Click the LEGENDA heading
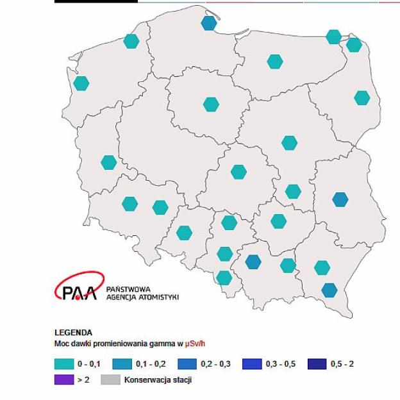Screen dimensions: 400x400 point(74,333)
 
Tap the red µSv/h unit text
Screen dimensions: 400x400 point(196,344)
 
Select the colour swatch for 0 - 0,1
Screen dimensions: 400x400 point(63,364)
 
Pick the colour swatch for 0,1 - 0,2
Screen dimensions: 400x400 point(122,364)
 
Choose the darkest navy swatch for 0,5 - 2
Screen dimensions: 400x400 point(317,364)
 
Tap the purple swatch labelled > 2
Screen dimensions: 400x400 point(63,379)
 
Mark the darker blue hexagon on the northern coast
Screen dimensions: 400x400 point(209,23)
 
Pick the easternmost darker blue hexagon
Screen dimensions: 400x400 point(340,199)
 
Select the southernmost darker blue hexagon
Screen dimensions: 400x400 point(329,290)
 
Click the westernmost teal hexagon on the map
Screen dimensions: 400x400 point(81,83)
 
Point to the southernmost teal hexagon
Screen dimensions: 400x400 point(224,278)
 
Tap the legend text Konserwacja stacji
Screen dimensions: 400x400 point(158,379)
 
